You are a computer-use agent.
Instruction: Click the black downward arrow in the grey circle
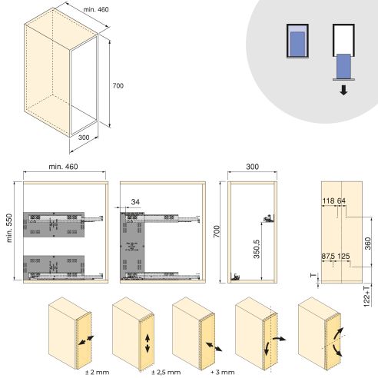[x=343, y=90]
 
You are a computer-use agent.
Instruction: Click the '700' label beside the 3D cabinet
[x=118, y=85]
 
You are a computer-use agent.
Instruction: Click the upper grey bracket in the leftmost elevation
[x=51, y=224]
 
